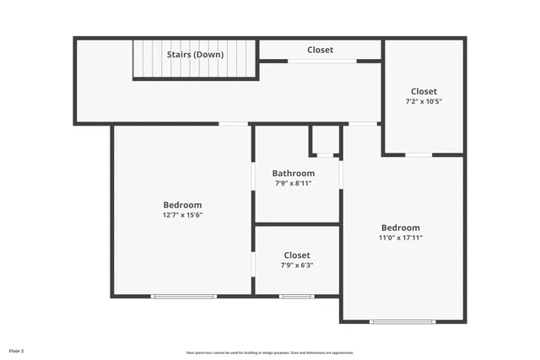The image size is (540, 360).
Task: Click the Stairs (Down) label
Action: click(x=195, y=55)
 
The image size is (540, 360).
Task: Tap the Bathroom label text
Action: click(x=293, y=174)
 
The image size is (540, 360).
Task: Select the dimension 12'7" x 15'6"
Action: click(x=182, y=215)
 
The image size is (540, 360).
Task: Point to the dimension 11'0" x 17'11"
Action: click(x=400, y=238)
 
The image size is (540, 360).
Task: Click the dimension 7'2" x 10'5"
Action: click(x=424, y=101)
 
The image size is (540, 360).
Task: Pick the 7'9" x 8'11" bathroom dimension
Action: click(x=293, y=184)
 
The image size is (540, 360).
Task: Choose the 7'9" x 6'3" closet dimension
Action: click(x=297, y=266)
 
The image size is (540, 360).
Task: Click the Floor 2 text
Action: click(x=17, y=350)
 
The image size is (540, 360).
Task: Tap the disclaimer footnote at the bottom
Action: click(x=270, y=352)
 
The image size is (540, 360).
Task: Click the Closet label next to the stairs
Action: click(x=320, y=50)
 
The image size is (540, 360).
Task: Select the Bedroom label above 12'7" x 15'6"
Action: click(x=182, y=205)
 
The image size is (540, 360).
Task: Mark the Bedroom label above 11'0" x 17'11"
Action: click(x=400, y=228)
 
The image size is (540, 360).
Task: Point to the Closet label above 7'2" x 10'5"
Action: click(x=424, y=91)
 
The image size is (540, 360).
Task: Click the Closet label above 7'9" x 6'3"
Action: click(x=297, y=255)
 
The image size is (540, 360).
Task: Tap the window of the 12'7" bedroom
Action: click(x=184, y=296)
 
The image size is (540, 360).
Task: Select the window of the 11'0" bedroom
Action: click(x=403, y=321)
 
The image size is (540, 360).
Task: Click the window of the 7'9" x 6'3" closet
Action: click(x=297, y=296)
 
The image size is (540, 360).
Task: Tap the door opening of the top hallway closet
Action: click(x=321, y=61)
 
